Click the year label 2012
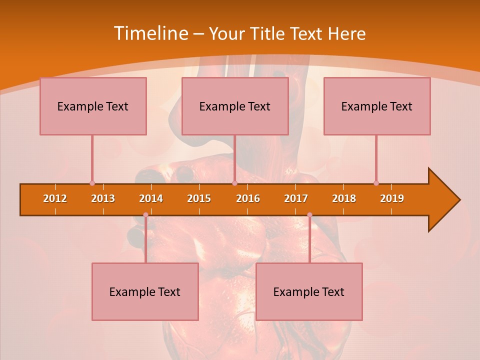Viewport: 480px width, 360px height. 55,198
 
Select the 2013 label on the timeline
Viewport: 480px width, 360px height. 103,198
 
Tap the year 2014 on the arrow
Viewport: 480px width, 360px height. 151,198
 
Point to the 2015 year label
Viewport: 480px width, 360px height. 199,198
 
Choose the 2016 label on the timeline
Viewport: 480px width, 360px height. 248,198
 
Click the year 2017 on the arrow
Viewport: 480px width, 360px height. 296,198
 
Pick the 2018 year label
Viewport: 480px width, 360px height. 344,198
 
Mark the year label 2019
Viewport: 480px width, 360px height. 392,198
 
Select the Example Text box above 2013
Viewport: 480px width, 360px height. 93,106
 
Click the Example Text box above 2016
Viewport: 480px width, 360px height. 235,106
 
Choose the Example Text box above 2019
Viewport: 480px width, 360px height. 377,106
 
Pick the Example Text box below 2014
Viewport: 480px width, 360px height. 145,291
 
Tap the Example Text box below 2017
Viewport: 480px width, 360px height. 309,291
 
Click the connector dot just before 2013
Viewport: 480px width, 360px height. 92,183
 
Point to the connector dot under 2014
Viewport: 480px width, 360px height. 145,215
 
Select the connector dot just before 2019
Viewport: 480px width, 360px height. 376,183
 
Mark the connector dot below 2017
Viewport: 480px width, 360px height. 309,215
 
